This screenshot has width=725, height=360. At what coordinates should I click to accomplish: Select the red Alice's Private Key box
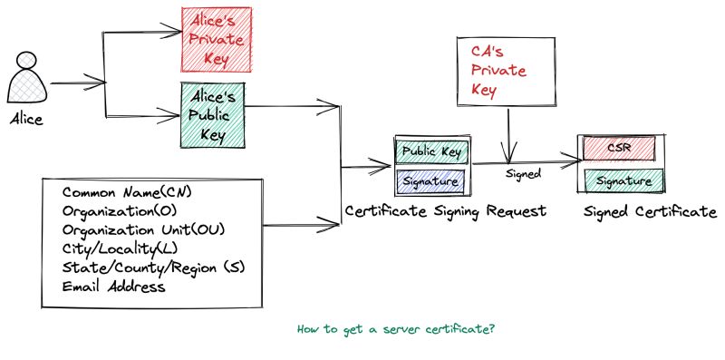216,39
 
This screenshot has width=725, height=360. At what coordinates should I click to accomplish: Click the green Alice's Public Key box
213,112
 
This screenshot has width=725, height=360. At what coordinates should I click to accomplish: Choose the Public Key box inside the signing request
431,151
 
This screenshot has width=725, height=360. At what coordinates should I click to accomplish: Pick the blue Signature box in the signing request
431,181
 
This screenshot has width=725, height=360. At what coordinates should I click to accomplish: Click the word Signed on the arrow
523,172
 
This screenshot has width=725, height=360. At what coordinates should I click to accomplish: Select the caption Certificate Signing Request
445,211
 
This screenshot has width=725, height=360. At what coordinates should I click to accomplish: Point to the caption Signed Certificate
650,211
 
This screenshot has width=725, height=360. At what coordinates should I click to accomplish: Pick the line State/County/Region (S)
154,268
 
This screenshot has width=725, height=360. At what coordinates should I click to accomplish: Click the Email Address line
114,287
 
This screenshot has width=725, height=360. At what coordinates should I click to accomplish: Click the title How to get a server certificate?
395,328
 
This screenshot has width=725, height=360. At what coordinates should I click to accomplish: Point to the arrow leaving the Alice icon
77,83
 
